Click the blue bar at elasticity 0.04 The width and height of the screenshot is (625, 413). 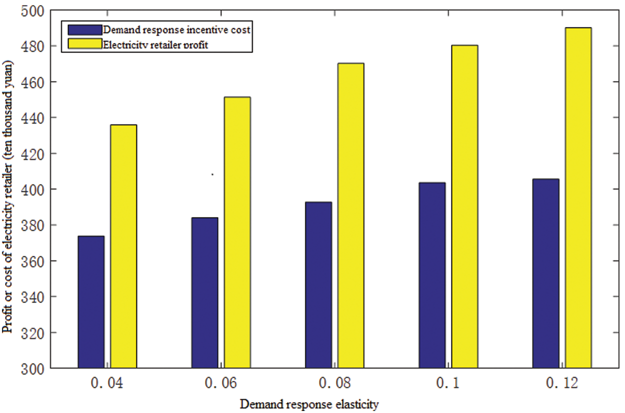click(x=91, y=302)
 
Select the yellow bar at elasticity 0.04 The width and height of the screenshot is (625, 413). click(x=123, y=246)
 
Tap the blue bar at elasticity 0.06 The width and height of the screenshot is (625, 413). click(x=204, y=293)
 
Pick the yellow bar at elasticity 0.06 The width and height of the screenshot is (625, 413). click(x=237, y=232)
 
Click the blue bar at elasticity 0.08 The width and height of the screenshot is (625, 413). click(x=318, y=285)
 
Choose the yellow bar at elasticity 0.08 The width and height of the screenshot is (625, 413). click(x=350, y=216)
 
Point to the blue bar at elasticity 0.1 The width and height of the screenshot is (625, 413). click(x=432, y=275)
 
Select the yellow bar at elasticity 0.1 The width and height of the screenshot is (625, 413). click(x=464, y=206)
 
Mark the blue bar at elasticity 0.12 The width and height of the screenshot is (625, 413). click(x=545, y=273)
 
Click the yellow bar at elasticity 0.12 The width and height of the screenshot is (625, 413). click(x=578, y=198)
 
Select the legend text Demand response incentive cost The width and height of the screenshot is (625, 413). click(x=175, y=30)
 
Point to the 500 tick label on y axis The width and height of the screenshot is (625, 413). click(x=33, y=10)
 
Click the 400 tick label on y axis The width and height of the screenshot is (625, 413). click(x=33, y=189)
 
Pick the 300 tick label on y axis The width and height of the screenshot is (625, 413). click(x=33, y=368)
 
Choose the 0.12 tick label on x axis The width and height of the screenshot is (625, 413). click(x=562, y=384)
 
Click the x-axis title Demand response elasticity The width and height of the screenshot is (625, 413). click(x=309, y=404)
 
